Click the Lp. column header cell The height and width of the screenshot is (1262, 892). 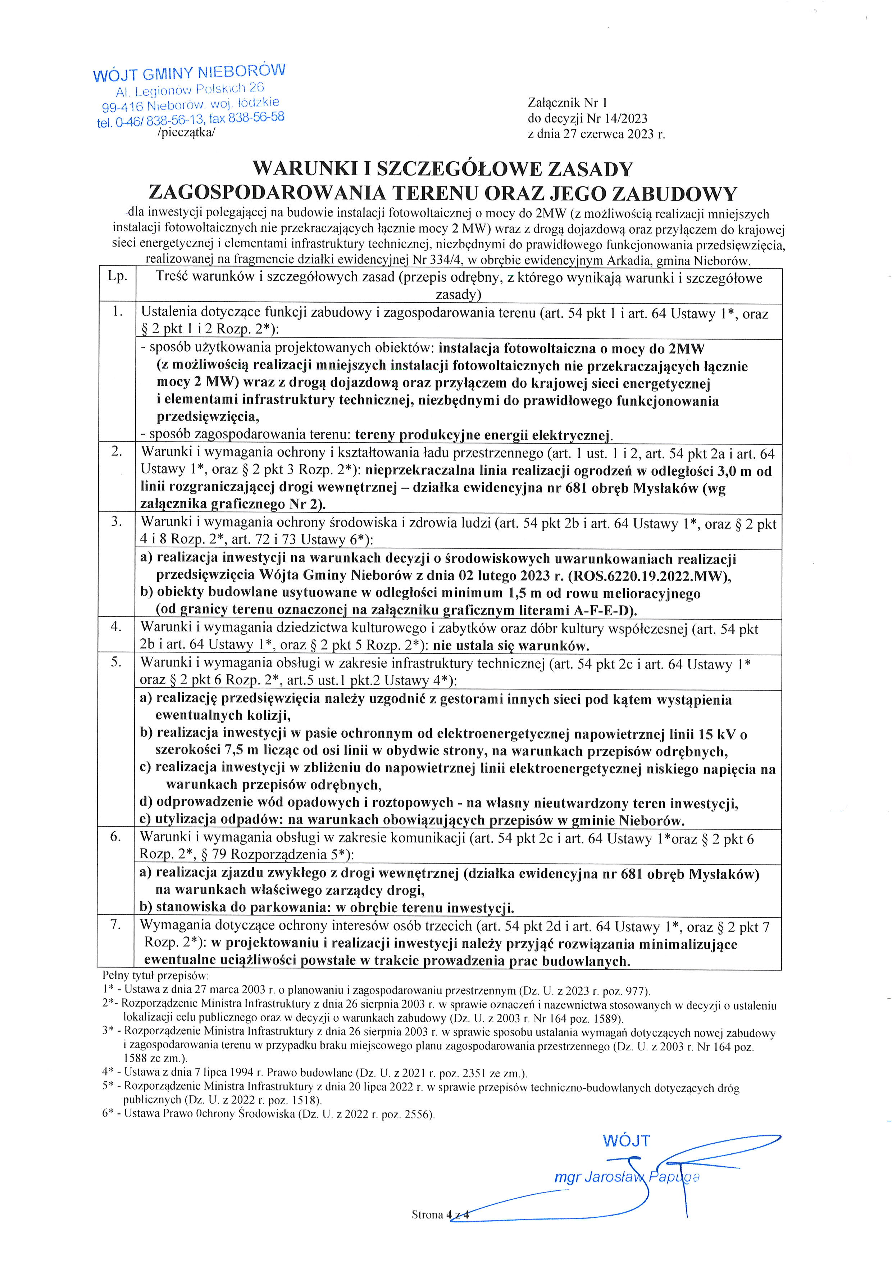pyautogui.click(x=117, y=276)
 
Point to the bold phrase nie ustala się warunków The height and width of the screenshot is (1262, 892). pyautogui.click(x=511, y=645)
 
